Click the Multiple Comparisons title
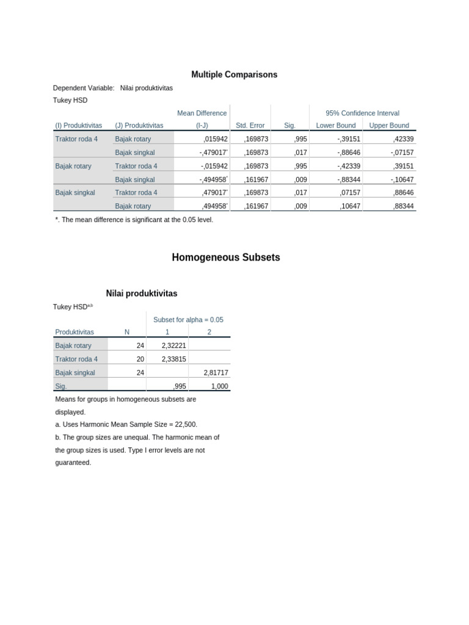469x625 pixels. [x=234, y=74]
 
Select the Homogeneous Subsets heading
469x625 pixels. [x=226, y=258]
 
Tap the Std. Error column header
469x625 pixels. [x=250, y=126]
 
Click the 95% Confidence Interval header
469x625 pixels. [x=362, y=113]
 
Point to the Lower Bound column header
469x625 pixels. [x=335, y=126]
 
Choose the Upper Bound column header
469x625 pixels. [x=389, y=126]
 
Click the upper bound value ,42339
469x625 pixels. [x=403, y=139]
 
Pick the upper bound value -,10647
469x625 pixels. [x=402, y=179]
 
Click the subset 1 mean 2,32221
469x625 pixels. [x=173, y=345]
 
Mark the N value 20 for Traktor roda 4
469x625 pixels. [x=140, y=359]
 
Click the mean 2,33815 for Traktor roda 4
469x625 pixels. [x=173, y=359]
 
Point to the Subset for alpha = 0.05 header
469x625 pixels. [x=188, y=319]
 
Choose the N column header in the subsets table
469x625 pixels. [x=126, y=332]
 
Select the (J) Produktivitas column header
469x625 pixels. [x=139, y=126]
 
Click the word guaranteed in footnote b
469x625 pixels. [x=72, y=463]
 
